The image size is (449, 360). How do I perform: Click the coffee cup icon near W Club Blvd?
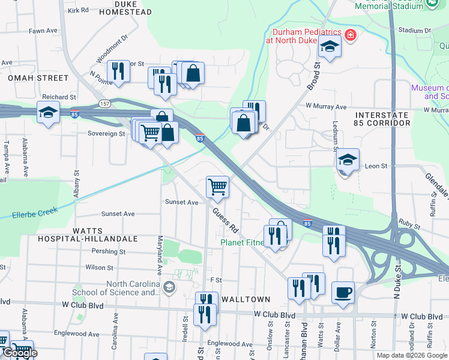[x=343, y=293]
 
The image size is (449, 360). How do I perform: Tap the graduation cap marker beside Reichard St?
[x=49, y=113]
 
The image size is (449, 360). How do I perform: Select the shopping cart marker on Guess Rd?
[x=217, y=186]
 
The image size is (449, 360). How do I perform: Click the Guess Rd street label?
[x=225, y=220]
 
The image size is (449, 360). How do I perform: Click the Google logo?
[x=19, y=353]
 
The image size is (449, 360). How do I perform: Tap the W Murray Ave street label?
[x=326, y=107]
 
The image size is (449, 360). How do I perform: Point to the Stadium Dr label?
[x=411, y=30]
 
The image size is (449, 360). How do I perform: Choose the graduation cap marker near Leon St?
[x=347, y=160]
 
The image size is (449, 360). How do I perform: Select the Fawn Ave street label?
[x=43, y=31]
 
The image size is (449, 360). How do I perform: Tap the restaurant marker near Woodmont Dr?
[x=118, y=71]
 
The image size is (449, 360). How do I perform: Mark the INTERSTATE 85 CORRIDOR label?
[x=382, y=118]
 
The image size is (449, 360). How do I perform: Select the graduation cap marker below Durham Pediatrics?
[x=330, y=46]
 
